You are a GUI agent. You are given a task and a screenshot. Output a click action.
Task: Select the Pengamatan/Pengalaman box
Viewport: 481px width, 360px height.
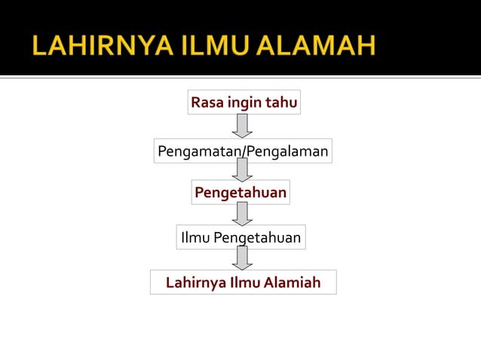tap(243, 151)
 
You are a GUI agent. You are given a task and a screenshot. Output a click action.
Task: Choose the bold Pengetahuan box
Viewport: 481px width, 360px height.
tap(240, 193)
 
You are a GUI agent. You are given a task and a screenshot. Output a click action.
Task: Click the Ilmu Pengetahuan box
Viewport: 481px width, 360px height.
tap(240, 238)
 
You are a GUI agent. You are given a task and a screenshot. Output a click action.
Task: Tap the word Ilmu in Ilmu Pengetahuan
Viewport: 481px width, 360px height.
tap(195, 238)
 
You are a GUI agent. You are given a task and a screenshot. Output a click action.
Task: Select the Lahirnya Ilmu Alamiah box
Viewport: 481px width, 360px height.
tap(243, 282)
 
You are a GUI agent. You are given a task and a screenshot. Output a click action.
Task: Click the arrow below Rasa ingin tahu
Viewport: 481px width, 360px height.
tap(242, 126)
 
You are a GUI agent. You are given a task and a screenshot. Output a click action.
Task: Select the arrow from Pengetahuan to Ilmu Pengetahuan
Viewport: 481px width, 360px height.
tap(241, 214)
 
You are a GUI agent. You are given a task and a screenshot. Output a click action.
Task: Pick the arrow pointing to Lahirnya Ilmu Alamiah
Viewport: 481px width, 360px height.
tap(241, 258)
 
